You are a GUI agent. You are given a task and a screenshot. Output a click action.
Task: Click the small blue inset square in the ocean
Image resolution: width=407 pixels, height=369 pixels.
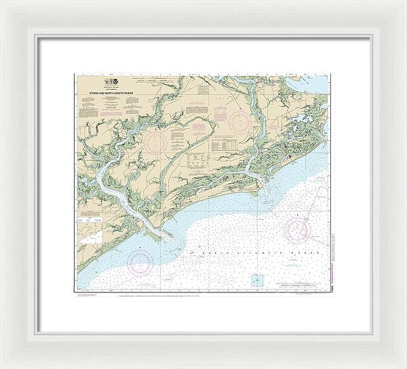[x=257, y=279]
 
